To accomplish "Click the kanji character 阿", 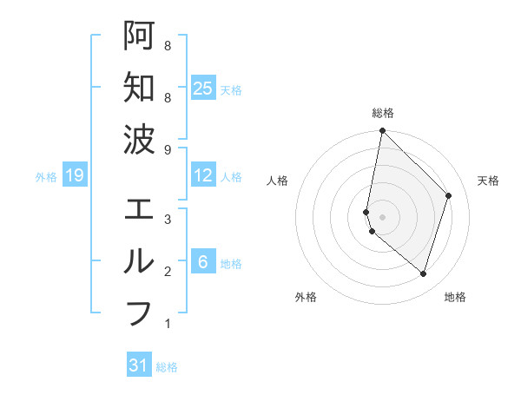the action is pos(139,35).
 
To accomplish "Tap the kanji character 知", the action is pos(139,87).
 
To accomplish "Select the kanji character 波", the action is pos(139,139).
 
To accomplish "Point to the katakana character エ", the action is pos(139,209).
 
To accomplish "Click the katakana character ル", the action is pos(139,260).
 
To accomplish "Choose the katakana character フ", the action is pos(139,313).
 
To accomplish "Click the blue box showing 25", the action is pos(202,89).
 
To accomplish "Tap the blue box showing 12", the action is pos(202,176).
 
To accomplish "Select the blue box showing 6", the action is pos(202,263).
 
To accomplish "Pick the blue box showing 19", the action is pos(74,176).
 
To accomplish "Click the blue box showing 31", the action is pos(139,365).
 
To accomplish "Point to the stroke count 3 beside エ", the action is pos(167,220).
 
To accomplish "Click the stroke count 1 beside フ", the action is pos(167,325).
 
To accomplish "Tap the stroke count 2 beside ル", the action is pos(167,272).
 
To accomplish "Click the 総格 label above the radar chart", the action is pos(382,113).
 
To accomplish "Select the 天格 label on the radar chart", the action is pos(488,181).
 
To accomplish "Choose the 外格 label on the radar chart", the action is pos(306,297).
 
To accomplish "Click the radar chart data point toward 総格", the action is pos(382,131).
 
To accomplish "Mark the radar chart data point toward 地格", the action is pos(423,273).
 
